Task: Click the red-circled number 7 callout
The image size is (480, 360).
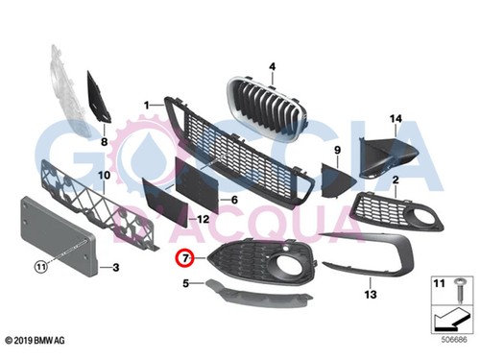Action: point(185,257)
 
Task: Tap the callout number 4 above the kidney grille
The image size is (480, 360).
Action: point(272,66)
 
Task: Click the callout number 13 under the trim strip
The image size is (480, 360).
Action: point(371,285)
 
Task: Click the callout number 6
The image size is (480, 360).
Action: point(232,200)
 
